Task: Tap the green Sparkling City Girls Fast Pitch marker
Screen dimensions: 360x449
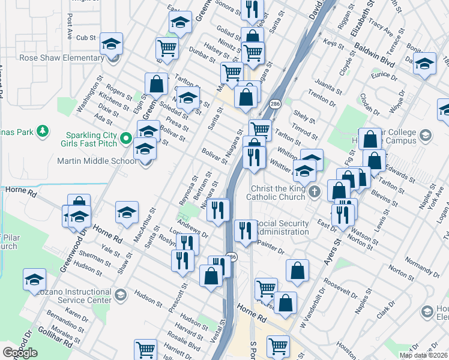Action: click(126, 139)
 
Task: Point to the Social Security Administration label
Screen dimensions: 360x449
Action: click(283, 227)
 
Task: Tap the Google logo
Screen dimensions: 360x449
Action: click(20, 353)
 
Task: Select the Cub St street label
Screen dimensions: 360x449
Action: click(86, 37)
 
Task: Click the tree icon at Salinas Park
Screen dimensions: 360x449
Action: click(42, 130)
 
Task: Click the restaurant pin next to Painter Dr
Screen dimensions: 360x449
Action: click(245, 230)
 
